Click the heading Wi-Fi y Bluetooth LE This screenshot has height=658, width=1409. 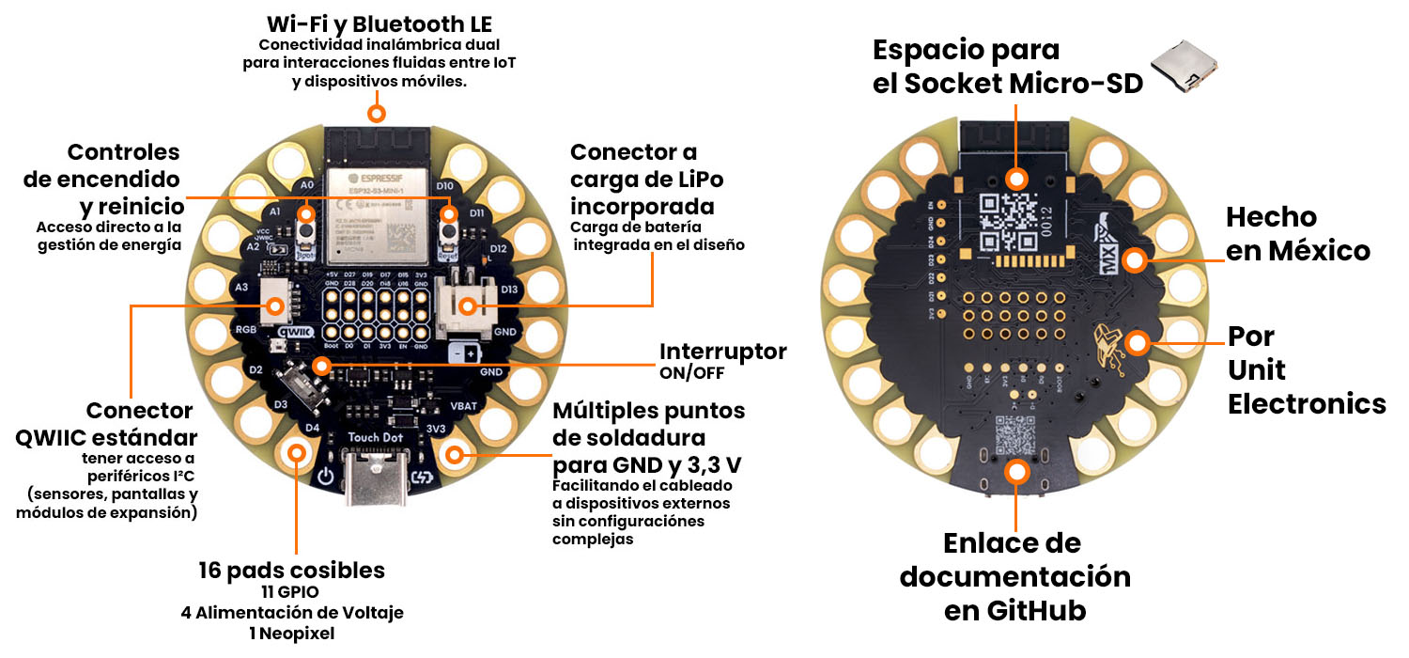pos(379,23)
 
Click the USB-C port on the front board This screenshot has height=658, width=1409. pos(376,479)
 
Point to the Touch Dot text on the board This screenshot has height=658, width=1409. pos(376,437)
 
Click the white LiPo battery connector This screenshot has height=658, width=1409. pos(462,299)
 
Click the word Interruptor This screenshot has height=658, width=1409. pos(722,352)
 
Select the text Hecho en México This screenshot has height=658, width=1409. pos(1297,234)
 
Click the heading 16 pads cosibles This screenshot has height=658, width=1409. pos(291,571)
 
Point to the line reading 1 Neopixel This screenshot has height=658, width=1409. pos(291,633)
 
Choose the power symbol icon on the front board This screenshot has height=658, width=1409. pos(325,477)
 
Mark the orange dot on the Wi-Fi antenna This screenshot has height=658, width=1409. pos(377,114)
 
